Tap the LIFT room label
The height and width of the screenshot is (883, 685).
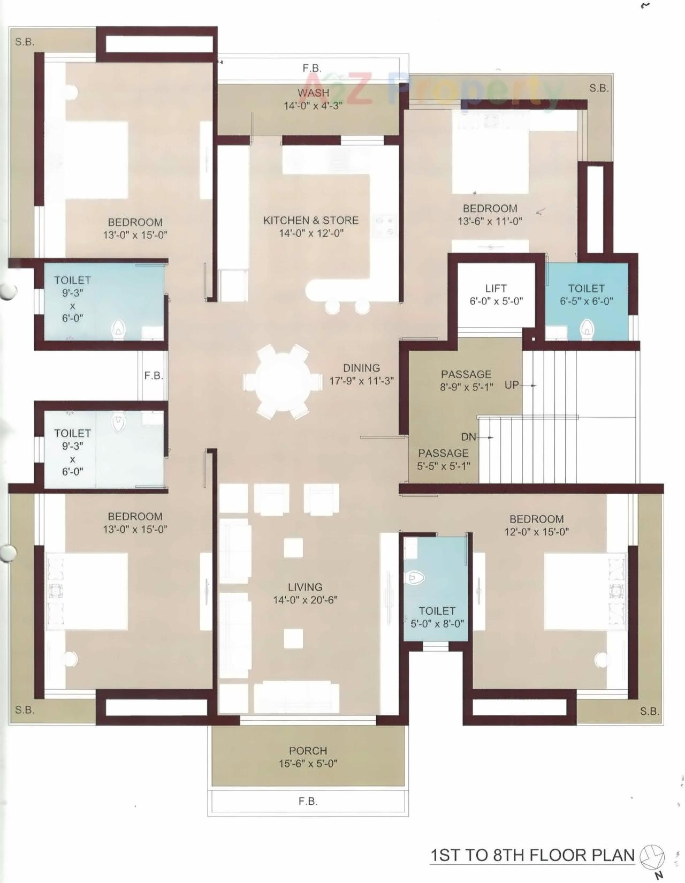pyautogui.click(x=496, y=295)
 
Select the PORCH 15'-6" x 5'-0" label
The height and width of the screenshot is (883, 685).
pyautogui.click(x=308, y=757)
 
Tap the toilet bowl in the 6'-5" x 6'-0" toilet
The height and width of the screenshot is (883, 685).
pyautogui.click(x=587, y=329)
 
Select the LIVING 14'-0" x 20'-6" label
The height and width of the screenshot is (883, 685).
pyautogui.click(x=305, y=593)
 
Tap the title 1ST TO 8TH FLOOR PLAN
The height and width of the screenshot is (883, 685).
pyautogui.click(x=532, y=855)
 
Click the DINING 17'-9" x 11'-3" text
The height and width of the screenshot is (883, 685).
pyautogui.click(x=362, y=374)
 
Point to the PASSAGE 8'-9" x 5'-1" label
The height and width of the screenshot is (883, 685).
pyautogui.click(x=466, y=380)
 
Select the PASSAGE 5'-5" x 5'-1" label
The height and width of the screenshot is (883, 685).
pyautogui.click(x=444, y=459)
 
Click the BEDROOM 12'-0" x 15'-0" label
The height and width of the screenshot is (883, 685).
pyautogui.click(x=536, y=525)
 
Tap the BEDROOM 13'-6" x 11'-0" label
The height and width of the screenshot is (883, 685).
pyautogui.click(x=490, y=214)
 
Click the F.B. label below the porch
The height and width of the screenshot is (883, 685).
pyautogui.click(x=308, y=802)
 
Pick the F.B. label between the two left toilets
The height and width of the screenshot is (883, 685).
pyautogui.click(x=154, y=376)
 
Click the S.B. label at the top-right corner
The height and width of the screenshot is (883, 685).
pyautogui.click(x=599, y=88)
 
